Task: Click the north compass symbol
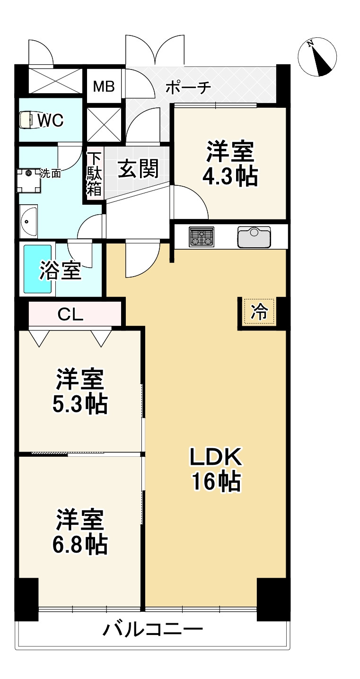tap(317, 57)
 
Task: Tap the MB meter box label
tap(104, 86)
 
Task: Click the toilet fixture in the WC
tap(28, 120)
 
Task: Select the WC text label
tap(51, 121)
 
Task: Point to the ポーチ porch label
tap(188, 87)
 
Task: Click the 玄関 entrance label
tap(138, 169)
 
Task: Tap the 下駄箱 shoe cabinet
tap(94, 174)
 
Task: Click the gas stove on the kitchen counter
tap(202, 236)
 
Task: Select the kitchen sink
tap(254, 237)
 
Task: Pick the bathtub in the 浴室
tap(37, 269)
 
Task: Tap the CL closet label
tap(70, 313)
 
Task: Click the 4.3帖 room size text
tap(230, 177)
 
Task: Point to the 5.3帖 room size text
tap(79, 404)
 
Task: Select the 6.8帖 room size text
tap(79, 545)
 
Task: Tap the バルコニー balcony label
tap(153, 629)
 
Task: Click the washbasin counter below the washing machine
tap(28, 221)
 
